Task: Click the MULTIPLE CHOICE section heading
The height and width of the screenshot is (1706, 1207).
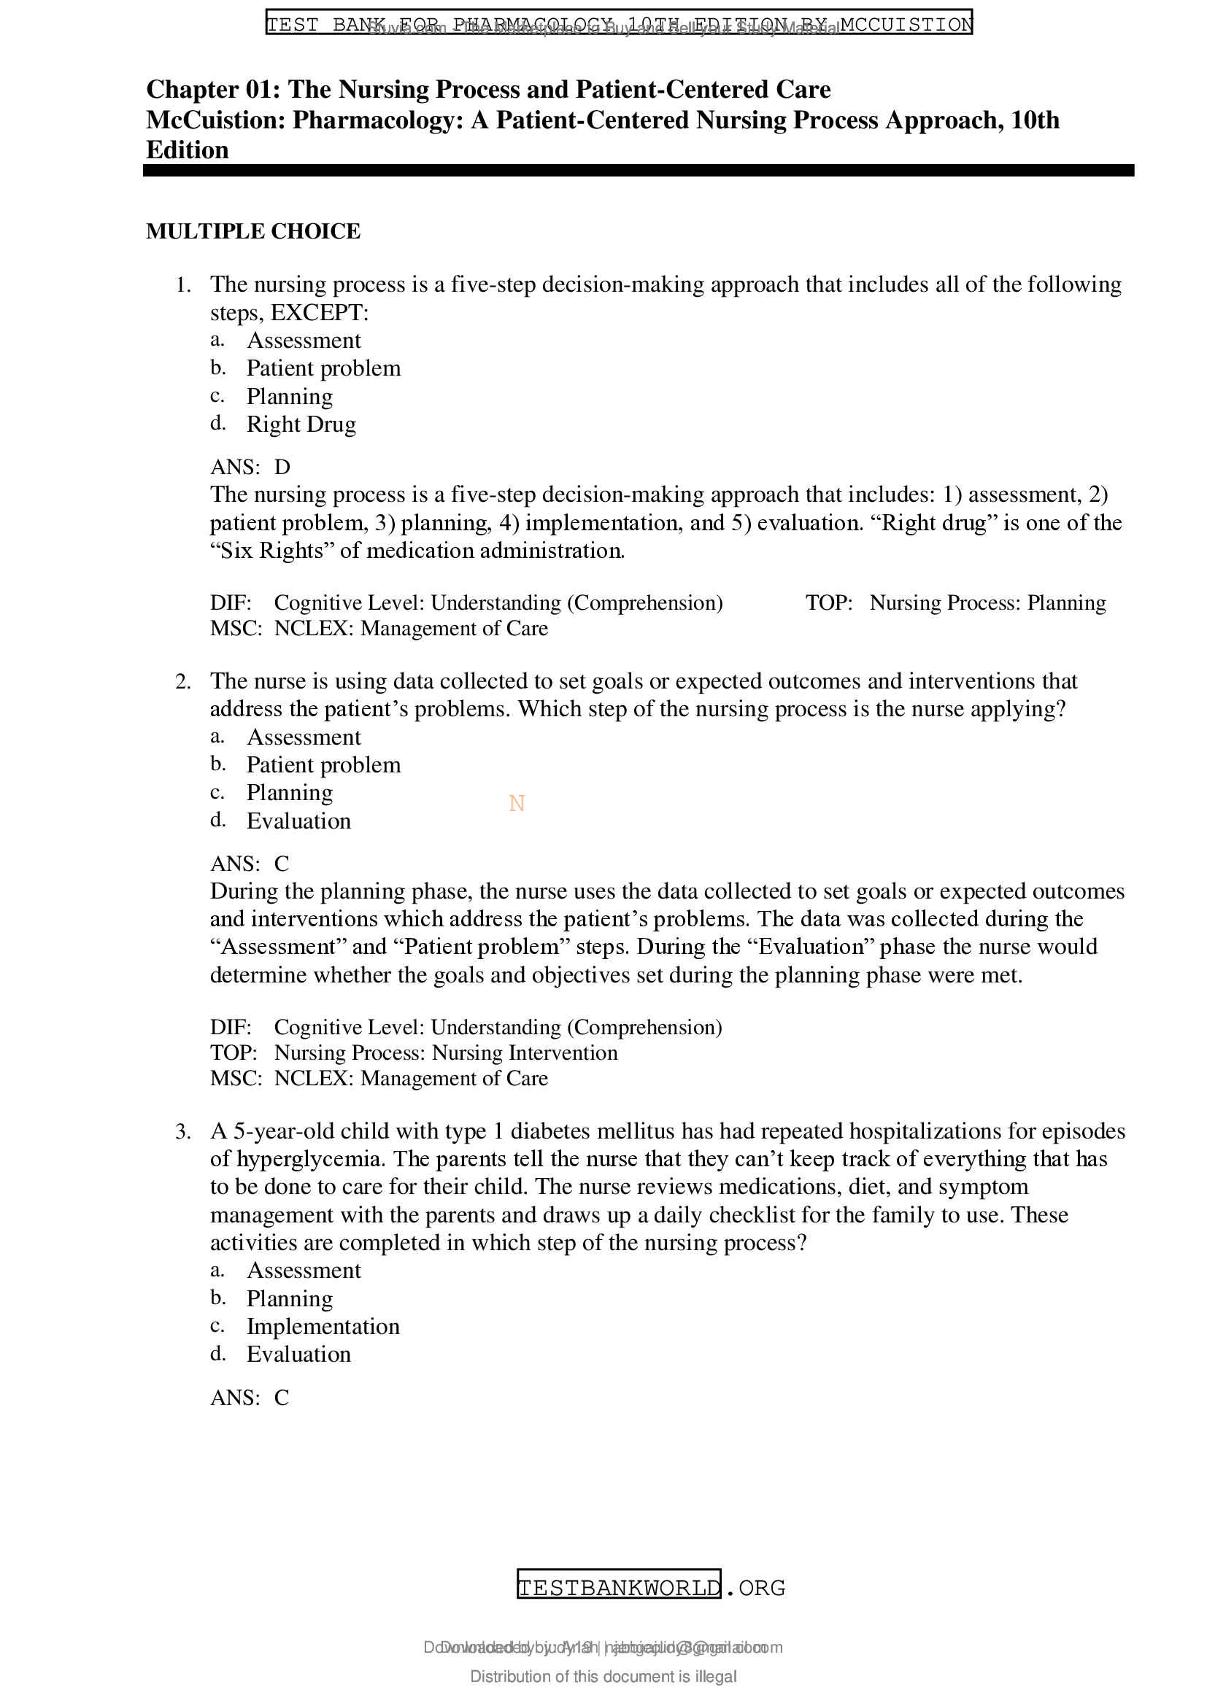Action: click(253, 232)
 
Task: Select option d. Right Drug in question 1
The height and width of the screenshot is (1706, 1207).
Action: click(301, 424)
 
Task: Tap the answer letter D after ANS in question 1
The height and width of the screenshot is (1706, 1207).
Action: click(282, 468)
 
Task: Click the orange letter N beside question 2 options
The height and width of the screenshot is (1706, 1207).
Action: click(517, 804)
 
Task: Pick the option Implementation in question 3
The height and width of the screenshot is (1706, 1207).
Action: click(323, 1326)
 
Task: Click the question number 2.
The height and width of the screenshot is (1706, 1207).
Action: click(183, 682)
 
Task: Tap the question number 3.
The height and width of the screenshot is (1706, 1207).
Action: click(183, 1133)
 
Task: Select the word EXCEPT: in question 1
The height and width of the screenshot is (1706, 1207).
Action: click(320, 313)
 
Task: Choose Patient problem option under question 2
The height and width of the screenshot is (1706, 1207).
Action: click(323, 764)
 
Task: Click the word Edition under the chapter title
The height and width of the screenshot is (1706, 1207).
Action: click(188, 150)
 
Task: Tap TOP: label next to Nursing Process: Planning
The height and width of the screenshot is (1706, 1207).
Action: click(829, 602)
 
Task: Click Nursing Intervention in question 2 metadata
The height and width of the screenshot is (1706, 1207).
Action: click(525, 1053)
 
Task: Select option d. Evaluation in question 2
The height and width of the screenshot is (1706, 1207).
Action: click(298, 821)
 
